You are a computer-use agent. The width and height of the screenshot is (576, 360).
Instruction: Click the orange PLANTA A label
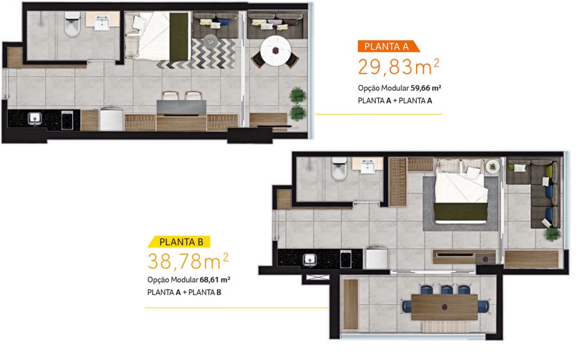coord(388,46)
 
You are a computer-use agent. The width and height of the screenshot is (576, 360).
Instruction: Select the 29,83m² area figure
coord(398,67)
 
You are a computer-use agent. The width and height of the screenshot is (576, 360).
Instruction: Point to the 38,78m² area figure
coord(188,261)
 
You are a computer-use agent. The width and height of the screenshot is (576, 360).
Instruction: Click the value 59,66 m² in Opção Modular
coord(426,88)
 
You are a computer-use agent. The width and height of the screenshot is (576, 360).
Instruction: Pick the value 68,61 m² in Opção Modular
coord(215,280)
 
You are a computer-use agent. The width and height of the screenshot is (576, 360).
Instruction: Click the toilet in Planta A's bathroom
coord(73,24)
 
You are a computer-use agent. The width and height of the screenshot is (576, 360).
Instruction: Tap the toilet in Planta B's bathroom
coord(339,169)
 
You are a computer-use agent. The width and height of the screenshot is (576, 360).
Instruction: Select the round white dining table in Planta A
coord(276,51)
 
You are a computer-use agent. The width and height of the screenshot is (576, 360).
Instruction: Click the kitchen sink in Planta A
coord(34,119)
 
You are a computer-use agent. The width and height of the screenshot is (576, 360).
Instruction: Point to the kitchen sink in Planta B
coord(309,260)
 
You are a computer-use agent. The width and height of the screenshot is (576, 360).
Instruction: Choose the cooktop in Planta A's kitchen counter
coord(67,120)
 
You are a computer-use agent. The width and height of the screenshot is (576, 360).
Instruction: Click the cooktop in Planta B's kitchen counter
coord(346,259)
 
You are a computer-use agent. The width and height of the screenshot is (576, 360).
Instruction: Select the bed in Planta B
coord(461,191)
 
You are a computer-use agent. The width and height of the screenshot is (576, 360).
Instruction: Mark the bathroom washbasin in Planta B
coord(368,166)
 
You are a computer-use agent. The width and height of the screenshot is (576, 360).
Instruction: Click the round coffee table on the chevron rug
coord(210,41)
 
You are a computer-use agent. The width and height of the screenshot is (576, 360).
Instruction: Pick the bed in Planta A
coord(158,36)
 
